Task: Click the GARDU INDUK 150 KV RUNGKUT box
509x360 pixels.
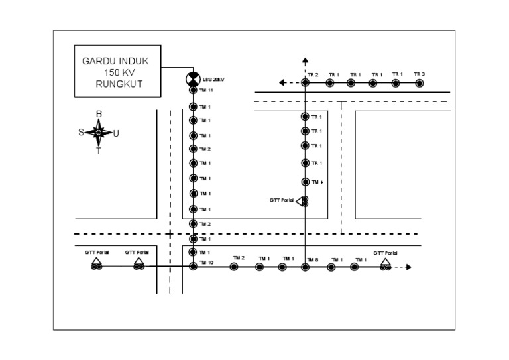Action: click(x=117, y=72)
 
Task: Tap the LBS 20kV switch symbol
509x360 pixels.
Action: click(x=192, y=80)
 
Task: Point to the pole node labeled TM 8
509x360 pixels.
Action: click(x=305, y=267)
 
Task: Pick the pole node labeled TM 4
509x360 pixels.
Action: click(x=305, y=182)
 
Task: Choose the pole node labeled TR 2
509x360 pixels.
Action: click(x=305, y=83)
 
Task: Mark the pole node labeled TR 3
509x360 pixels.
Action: click(x=419, y=83)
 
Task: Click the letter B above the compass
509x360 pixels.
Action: click(x=99, y=114)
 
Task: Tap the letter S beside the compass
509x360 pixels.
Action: click(x=81, y=132)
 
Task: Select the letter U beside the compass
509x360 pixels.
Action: click(x=117, y=133)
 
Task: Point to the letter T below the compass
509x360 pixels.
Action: click(x=99, y=151)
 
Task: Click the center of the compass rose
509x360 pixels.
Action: click(x=99, y=133)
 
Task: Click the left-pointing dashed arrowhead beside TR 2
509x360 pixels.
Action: click(x=282, y=83)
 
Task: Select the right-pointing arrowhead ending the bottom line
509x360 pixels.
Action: click(x=409, y=267)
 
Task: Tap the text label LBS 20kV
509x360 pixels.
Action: click(x=214, y=80)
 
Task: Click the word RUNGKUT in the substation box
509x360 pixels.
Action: click(x=119, y=84)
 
